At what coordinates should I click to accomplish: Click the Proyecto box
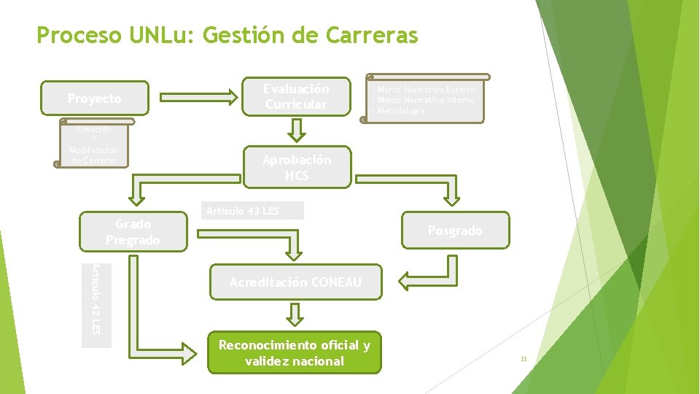96,98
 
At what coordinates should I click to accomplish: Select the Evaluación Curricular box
296,97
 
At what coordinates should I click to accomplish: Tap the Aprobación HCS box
297,168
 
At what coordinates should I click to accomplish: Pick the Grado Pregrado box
133,232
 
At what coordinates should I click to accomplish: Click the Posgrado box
455,231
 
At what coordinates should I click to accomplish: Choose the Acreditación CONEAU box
295,282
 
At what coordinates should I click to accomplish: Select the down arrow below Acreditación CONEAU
294,314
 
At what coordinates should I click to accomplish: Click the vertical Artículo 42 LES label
96,299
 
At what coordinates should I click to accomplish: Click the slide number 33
523,359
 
